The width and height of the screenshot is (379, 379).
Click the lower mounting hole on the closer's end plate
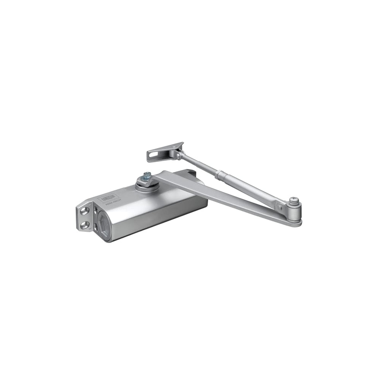coord(84,225)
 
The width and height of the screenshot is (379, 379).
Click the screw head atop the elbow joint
coord(294,199)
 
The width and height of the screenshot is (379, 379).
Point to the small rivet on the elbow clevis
coord(280,207)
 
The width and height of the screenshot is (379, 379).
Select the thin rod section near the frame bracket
coord(197,164)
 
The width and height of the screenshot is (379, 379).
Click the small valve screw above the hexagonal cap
coord(95,208)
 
